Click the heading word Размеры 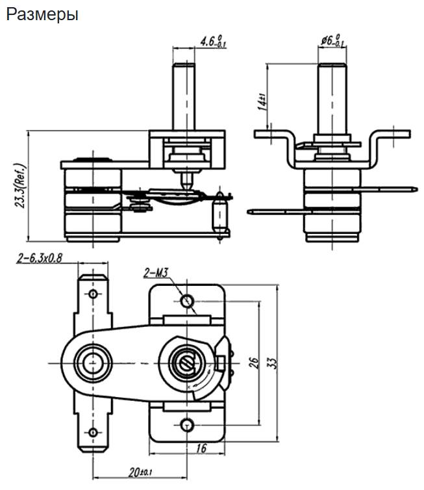42,14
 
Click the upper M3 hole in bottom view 187,301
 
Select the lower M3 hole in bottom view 187,424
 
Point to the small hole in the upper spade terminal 93,293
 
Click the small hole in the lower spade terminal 93,432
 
